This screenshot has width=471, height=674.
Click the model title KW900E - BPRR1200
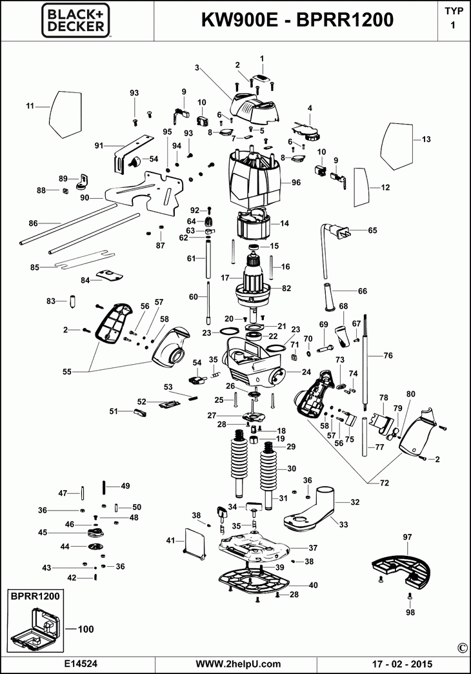pyautogui.click(x=297, y=21)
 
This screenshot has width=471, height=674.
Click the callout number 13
pyautogui.click(x=426, y=139)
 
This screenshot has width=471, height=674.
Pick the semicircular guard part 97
pyautogui.click(x=401, y=564)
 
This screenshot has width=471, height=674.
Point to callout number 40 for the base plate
pyautogui.click(x=314, y=585)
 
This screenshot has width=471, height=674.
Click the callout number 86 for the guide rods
pyautogui.click(x=33, y=223)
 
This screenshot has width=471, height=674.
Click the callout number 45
pyautogui.click(x=43, y=533)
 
